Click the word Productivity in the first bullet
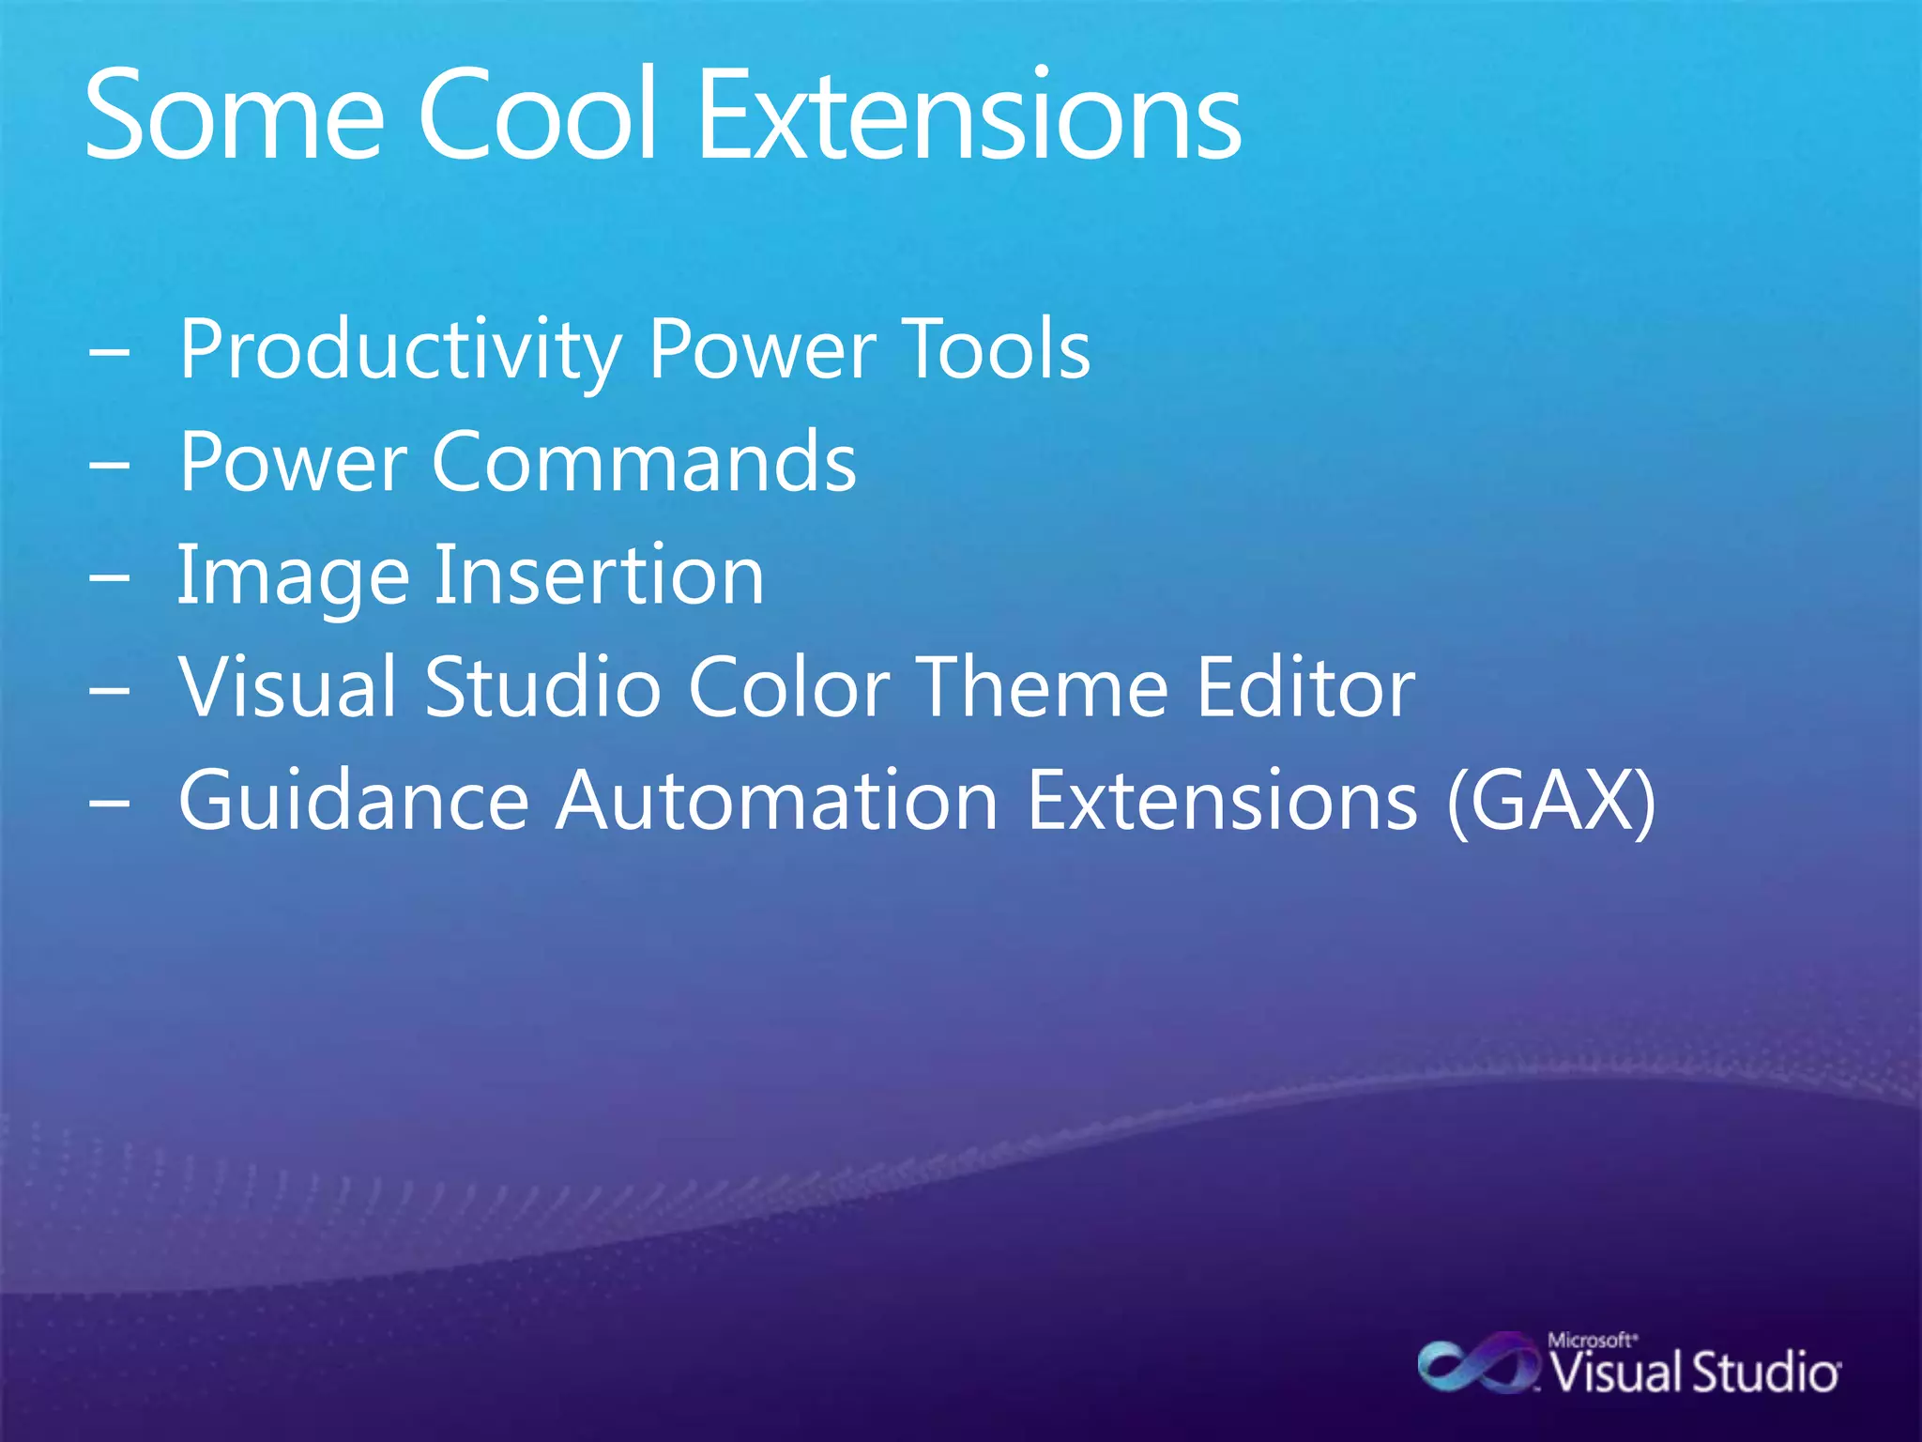pyautogui.click(x=400, y=350)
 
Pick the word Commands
pyautogui.click(x=644, y=461)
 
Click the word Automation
pyautogui.click(x=776, y=800)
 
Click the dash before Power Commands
pyautogui.click(x=110, y=464)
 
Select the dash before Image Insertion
pyautogui.click(x=110, y=576)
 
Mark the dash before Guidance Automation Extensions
pyautogui.click(x=110, y=803)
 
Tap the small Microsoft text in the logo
pyautogui.click(x=1592, y=1341)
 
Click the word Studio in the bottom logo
pyautogui.click(x=1765, y=1373)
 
